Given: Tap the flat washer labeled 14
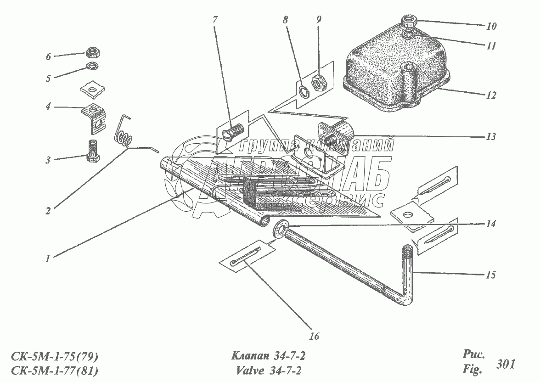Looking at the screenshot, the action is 280,228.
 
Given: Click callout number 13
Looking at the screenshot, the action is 491,137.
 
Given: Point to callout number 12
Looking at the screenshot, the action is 491,95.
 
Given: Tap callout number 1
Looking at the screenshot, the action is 48,258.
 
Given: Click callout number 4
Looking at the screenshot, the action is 48,107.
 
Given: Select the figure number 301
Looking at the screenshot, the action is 506,364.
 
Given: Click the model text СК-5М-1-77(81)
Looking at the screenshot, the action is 54,371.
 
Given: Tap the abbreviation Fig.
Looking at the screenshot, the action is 472,370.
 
